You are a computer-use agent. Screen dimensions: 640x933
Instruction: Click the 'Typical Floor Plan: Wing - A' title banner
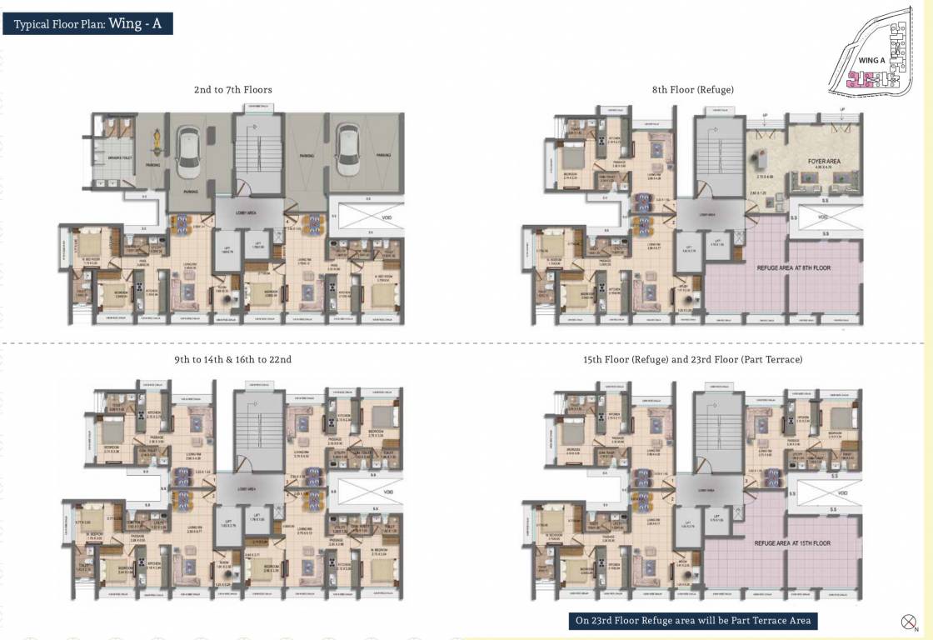[x=92, y=23]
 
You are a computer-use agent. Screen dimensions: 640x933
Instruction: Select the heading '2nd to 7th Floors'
[x=232, y=89]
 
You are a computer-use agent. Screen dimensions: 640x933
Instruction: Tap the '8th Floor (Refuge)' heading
[x=693, y=89]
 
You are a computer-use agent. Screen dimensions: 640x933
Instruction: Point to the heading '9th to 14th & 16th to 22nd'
[x=232, y=359]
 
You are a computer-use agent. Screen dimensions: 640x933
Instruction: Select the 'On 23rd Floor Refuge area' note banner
[x=693, y=621]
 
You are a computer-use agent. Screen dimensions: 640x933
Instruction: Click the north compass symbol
[x=909, y=622]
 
